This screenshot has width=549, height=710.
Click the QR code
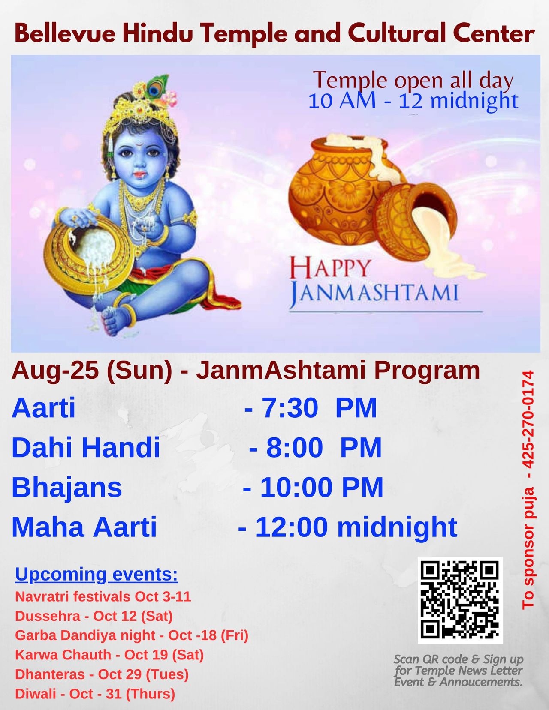[460, 599]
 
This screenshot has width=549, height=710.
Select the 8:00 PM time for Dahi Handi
[315, 447]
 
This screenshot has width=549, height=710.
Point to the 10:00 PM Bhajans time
[313, 487]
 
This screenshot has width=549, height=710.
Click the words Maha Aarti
[84, 527]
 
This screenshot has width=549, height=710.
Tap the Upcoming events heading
[97, 574]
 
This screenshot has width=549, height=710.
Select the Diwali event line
[95, 693]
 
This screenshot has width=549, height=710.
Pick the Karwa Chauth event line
[109, 654]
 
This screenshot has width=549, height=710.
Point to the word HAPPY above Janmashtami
[329, 268]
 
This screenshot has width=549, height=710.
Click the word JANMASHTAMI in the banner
[374, 294]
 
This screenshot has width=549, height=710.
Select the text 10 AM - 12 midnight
[413, 101]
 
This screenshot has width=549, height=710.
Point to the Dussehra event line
[94, 616]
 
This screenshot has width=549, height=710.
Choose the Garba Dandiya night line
[132, 635]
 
